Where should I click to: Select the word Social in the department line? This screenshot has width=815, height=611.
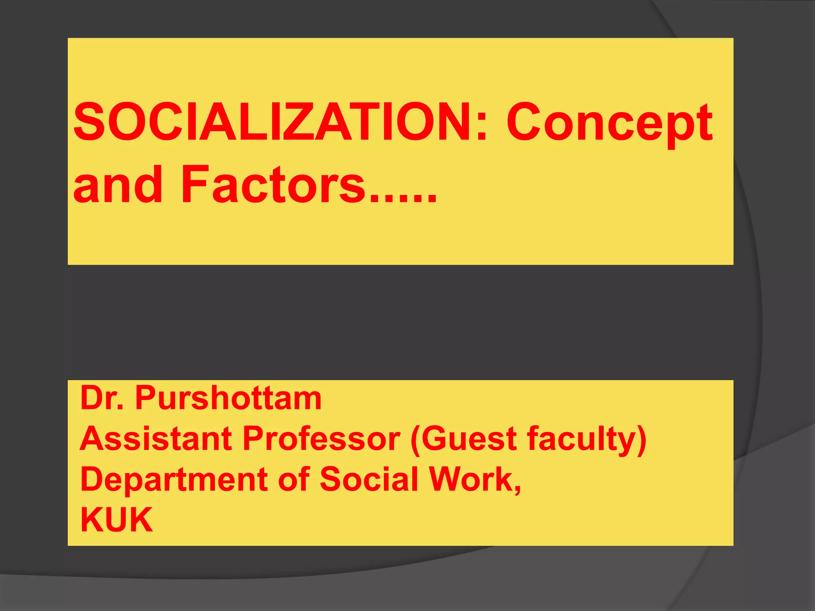click(x=369, y=479)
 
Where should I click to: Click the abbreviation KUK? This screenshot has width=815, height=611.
click(x=117, y=520)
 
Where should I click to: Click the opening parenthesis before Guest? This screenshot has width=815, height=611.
click(x=415, y=440)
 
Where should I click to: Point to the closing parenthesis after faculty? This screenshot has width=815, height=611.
click(x=641, y=440)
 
